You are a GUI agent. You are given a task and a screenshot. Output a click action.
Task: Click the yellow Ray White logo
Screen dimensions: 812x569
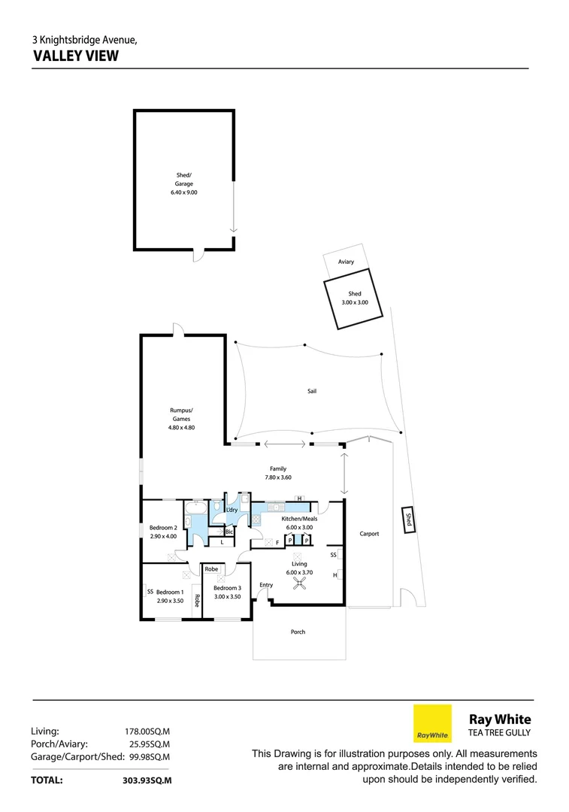point(433,723)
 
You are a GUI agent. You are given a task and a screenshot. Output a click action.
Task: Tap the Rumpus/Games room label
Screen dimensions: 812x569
point(181,414)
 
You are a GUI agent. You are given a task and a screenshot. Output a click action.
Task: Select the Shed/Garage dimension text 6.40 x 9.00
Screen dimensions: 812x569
point(184,192)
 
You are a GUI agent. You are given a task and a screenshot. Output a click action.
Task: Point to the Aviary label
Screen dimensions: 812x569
point(346,262)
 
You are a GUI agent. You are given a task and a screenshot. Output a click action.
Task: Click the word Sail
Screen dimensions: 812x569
point(312,391)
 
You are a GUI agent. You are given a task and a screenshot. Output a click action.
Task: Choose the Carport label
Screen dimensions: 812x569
point(369,534)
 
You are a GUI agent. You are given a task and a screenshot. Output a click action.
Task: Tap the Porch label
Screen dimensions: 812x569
point(298,632)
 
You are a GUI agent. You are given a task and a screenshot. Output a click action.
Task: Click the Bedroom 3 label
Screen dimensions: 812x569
point(227,588)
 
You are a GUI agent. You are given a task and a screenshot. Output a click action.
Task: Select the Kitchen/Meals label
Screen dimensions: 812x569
point(299,519)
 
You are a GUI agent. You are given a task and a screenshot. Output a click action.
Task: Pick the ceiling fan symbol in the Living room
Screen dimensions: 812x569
point(299,581)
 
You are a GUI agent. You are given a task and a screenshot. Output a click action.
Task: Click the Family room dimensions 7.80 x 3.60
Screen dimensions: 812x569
point(277,477)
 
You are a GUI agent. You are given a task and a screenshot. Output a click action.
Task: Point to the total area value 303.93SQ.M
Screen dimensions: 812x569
point(147,780)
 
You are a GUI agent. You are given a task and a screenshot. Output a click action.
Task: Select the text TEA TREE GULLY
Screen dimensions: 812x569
point(500,733)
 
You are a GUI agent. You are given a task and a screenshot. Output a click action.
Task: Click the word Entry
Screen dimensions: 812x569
point(266,585)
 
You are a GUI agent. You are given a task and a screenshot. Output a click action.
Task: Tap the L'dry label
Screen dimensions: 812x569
point(232,511)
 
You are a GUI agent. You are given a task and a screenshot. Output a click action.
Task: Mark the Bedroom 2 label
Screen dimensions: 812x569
point(163,528)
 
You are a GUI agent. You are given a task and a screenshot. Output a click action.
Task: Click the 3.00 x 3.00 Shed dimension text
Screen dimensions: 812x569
point(355,302)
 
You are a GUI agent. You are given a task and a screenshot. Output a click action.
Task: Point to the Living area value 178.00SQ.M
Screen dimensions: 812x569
point(147,730)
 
